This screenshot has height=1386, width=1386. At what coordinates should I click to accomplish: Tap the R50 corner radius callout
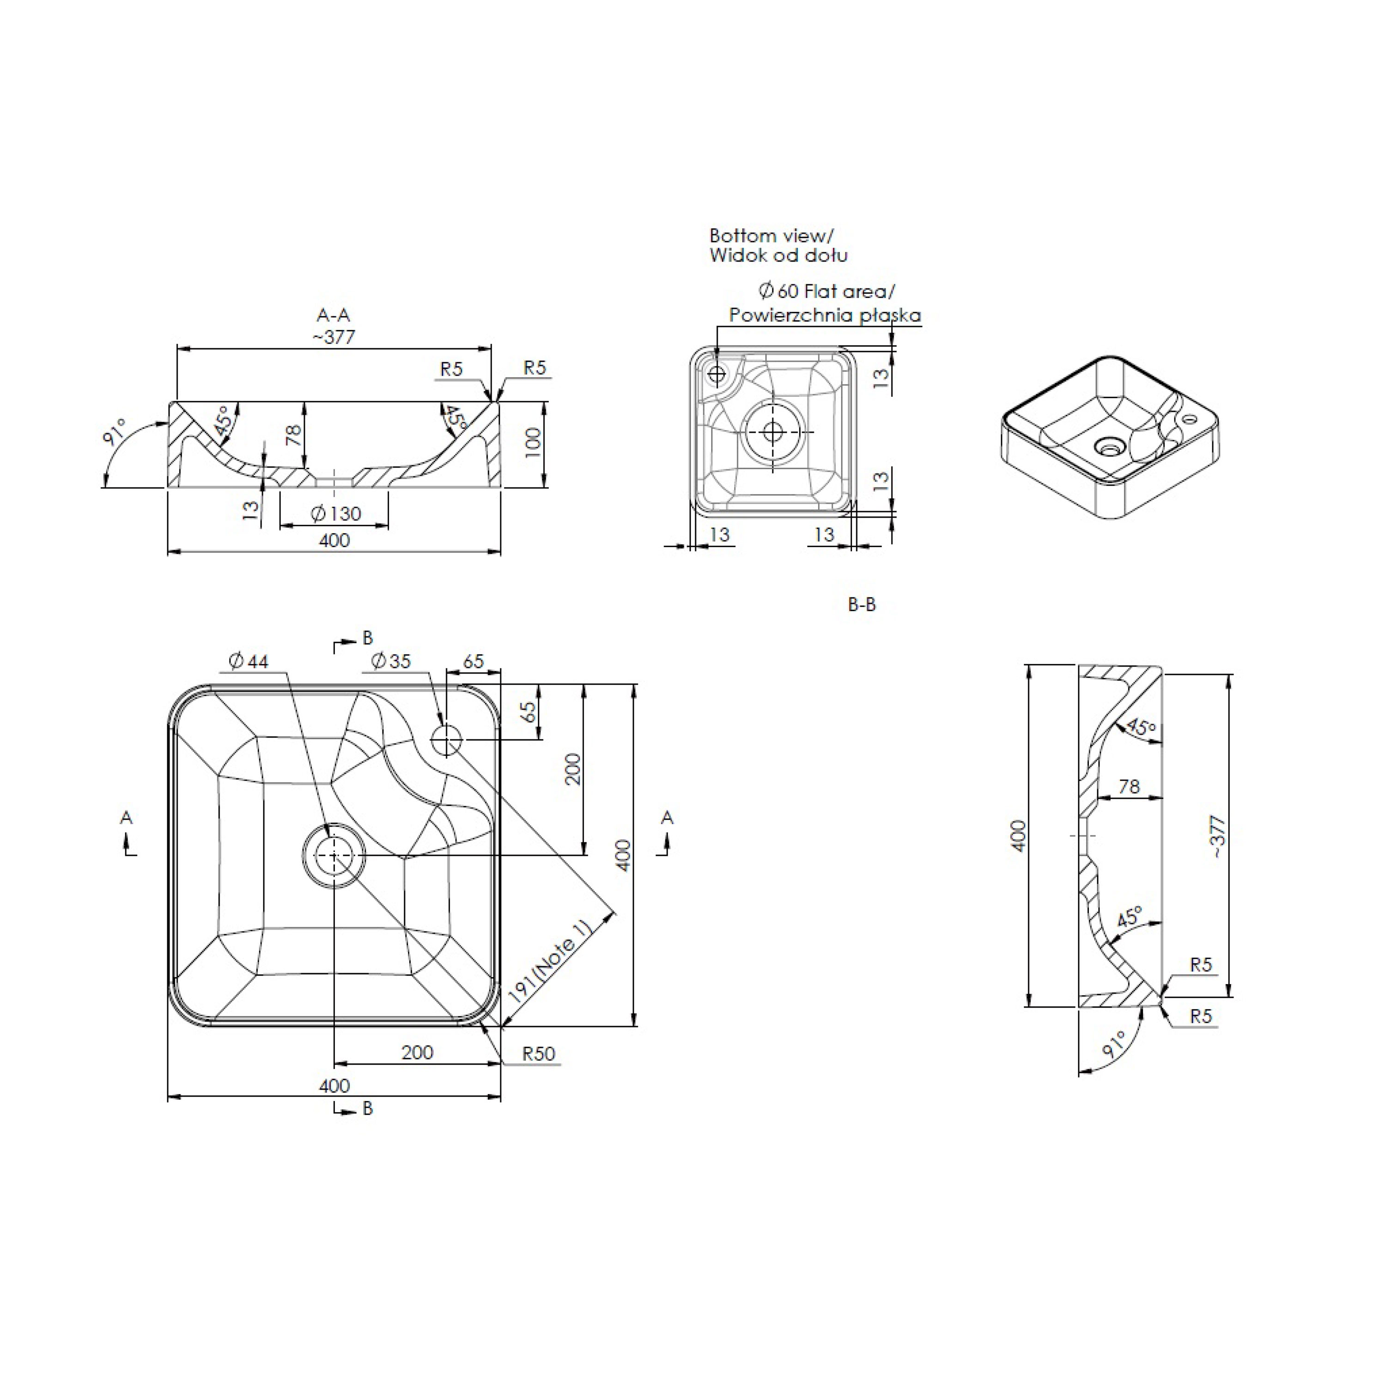pos(538,1054)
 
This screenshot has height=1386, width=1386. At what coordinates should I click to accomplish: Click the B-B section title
pos(862,605)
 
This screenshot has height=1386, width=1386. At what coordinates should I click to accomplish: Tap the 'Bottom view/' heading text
pos(771,235)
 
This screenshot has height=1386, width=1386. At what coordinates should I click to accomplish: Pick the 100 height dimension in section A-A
pos(532,443)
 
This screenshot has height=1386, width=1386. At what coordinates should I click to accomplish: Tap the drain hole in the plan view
pos(334,856)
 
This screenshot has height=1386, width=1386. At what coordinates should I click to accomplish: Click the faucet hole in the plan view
pos(447,740)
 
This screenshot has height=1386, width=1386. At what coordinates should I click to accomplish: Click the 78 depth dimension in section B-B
pos(1129,787)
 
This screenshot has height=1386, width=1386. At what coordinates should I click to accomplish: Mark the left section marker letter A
pos(126,817)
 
